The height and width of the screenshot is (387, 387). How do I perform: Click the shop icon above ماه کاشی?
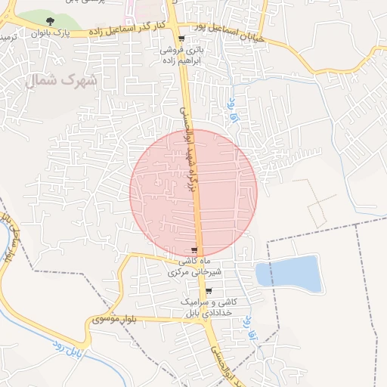click(x=195, y=250)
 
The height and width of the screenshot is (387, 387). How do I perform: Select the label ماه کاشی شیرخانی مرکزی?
click(x=195, y=266)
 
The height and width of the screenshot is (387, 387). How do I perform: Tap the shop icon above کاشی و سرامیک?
click(x=209, y=291)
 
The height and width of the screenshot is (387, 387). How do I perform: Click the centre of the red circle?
click(x=193, y=193)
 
